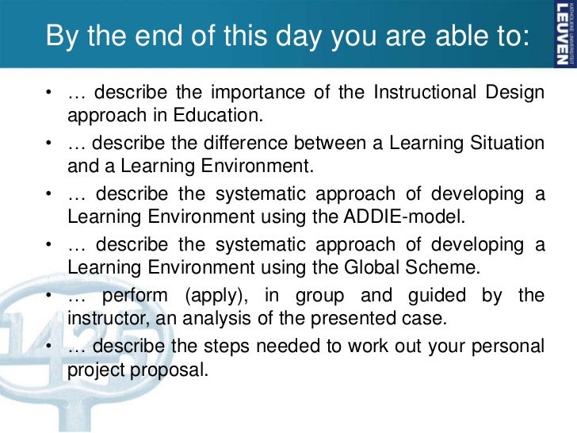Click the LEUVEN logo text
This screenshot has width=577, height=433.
click(561, 31)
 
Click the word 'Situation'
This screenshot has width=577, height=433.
click(506, 144)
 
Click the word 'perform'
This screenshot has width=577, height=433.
click(136, 295)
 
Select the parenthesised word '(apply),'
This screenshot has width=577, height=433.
click(216, 295)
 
